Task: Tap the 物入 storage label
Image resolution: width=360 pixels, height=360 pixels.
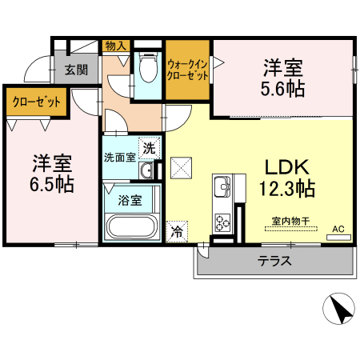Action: tap(116, 46)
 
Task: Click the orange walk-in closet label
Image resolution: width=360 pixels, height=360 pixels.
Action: tap(188, 69)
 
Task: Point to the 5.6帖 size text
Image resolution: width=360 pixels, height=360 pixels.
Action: tap(284, 88)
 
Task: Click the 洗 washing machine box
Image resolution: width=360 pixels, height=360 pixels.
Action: tap(149, 148)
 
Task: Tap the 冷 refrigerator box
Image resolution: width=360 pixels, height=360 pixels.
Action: tap(176, 233)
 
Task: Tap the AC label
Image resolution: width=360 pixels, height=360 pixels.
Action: tap(338, 230)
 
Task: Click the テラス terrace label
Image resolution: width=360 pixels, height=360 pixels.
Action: tap(274, 262)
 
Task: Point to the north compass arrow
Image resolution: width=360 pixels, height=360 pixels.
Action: tap(338, 307)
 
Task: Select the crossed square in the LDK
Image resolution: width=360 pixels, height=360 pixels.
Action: tap(182, 167)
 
